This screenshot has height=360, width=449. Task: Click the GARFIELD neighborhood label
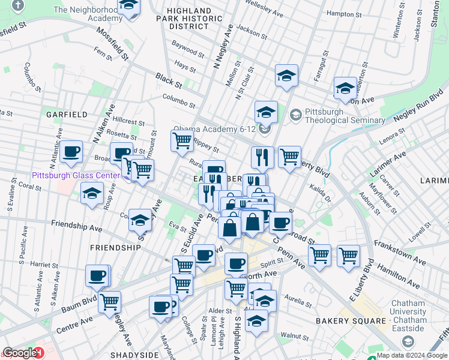67,114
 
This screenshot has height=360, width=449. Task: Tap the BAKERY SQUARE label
351,321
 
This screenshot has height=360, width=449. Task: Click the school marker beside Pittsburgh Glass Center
91,194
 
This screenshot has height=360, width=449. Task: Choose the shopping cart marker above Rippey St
181,142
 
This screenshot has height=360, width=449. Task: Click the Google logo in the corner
20,353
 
